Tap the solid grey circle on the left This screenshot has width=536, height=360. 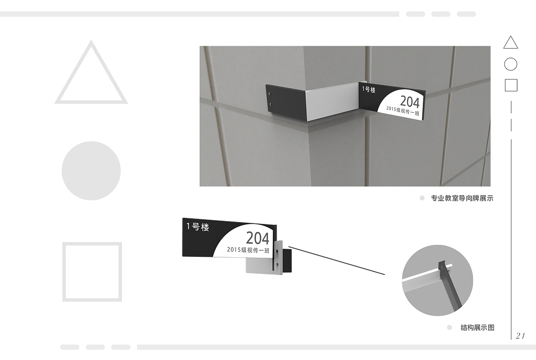(91, 171)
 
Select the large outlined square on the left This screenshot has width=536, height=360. (64, 272)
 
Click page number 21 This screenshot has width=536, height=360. (520, 335)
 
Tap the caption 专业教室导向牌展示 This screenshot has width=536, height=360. (462, 198)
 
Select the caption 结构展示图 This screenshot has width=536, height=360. (478, 328)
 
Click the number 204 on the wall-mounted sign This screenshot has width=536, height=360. (410, 102)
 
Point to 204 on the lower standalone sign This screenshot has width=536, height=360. (257, 238)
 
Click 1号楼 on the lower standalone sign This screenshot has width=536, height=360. (198, 227)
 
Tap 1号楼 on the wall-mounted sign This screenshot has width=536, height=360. (369, 89)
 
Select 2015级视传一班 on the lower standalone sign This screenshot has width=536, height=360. (248, 250)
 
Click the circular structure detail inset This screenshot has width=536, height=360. (438, 280)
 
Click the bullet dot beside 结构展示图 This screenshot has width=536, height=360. (450, 328)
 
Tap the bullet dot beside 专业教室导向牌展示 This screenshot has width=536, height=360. (422, 198)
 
